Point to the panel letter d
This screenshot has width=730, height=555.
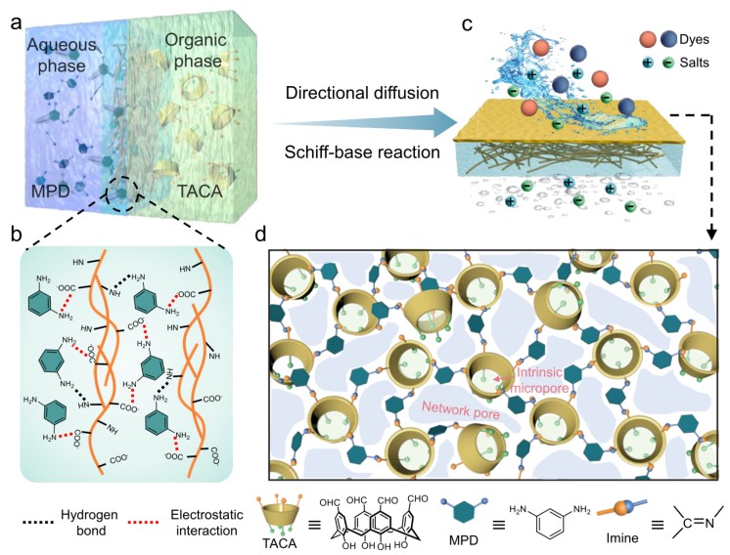tap(259, 235)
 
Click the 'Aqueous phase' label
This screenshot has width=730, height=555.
tap(62, 56)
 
